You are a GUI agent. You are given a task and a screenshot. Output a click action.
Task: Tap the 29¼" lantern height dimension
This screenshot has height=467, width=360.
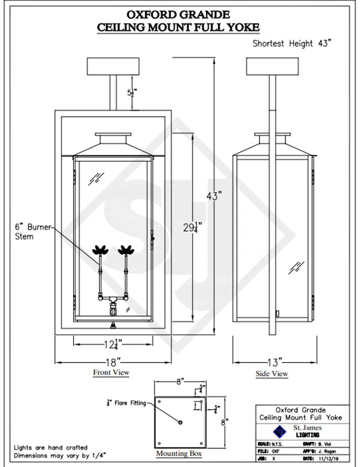click(x=192, y=227)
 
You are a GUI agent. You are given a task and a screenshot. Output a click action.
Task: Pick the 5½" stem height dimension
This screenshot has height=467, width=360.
click(x=132, y=93)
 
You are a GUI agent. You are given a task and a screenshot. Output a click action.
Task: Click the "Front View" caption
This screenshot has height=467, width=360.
click(x=111, y=373)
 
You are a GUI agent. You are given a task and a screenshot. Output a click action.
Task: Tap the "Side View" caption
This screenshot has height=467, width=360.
click(x=272, y=374)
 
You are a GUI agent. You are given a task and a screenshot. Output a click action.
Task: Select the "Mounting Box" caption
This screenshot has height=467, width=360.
click(x=179, y=454)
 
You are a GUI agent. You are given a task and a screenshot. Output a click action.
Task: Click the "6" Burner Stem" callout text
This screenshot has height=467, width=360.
click(x=32, y=232)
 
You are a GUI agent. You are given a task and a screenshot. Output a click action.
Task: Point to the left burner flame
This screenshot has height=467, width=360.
click(x=100, y=250)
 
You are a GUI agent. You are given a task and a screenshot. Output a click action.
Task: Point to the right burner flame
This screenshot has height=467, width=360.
click(x=126, y=250)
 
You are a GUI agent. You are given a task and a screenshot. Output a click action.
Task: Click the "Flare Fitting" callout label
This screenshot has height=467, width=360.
click(x=130, y=403)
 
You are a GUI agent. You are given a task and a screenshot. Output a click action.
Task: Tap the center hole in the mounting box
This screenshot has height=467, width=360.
click(x=180, y=422)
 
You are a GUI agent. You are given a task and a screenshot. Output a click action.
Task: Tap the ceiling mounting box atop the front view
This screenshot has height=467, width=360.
click(x=113, y=66)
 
